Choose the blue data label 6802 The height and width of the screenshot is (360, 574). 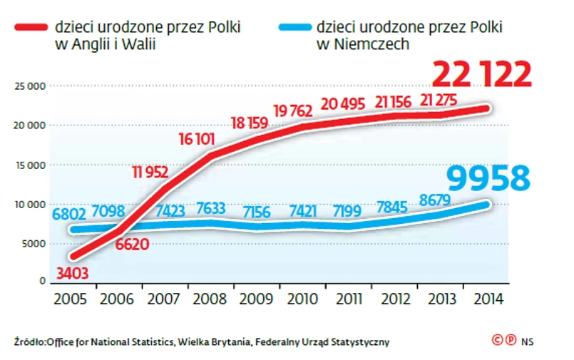coord(69,213)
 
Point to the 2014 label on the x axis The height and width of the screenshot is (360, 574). coord(483,299)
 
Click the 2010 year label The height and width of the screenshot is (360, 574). coord(299,299)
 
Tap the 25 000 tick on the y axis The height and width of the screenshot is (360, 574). coord(29,86)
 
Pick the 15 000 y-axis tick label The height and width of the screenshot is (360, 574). coord(29,165)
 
